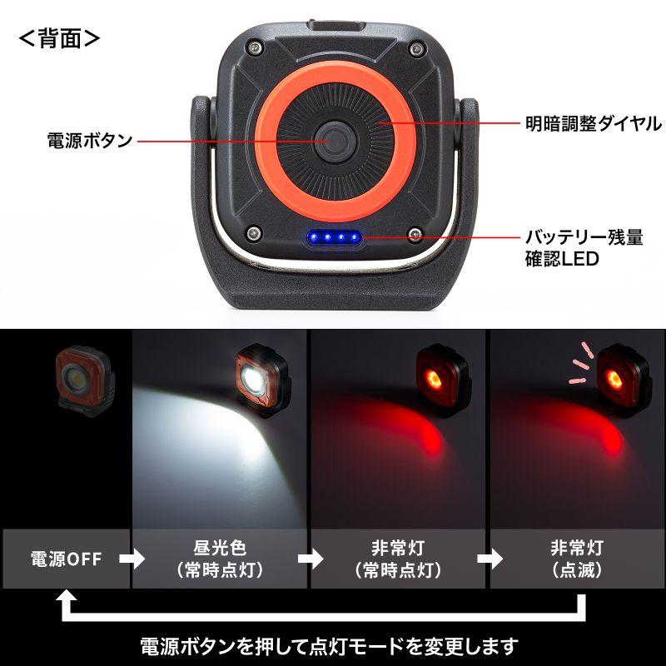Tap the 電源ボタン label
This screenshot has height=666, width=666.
(x=90, y=140)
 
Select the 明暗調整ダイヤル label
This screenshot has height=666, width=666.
(x=594, y=124)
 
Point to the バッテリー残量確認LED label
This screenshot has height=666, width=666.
(x=583, y=248)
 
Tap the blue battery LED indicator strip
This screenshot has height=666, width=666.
(x=334, y=240)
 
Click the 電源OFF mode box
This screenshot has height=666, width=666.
(x=66, y=559)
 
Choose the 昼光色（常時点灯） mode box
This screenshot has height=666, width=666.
(x=220, y=559)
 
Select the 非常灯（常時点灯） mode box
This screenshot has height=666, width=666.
(x=399, y=559)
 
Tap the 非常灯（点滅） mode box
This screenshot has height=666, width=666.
(x=576, y=559)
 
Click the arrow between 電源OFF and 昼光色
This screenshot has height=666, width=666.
(x=132, y=559)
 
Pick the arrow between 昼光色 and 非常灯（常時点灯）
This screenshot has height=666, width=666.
(x=310, y=559)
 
